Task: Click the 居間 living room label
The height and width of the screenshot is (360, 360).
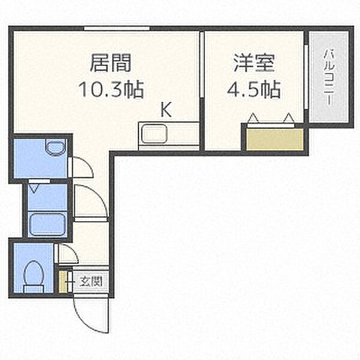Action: [x=110, y=62]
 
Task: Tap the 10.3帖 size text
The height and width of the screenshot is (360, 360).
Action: [x=111, y=89]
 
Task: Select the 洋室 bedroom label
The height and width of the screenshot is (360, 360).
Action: [x=254, y=62]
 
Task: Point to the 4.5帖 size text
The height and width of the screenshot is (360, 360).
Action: [x=254, y=89]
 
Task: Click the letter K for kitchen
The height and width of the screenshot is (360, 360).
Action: [x=166, y=110]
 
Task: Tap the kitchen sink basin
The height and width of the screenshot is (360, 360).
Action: [x=154, y=134]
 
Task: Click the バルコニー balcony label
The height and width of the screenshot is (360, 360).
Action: [x=329, y=77]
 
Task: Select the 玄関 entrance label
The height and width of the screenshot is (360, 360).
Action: [x=91, y=281]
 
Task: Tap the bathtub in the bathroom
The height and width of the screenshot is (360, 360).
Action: [x=47, y=224]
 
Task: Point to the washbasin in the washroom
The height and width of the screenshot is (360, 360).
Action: [x=55, y=148]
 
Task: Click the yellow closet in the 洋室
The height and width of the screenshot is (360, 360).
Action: [x=275, y=140]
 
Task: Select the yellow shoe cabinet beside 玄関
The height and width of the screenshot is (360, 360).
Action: [x=62, y=282]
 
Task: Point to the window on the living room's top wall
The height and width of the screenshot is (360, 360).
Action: [x=116, y=28]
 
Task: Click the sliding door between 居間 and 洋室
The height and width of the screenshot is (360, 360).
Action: [x=202, y=65]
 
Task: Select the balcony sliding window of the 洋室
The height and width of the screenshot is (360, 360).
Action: [x=306, y=77]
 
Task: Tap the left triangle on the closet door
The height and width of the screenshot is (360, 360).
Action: [x=253, y=118]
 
